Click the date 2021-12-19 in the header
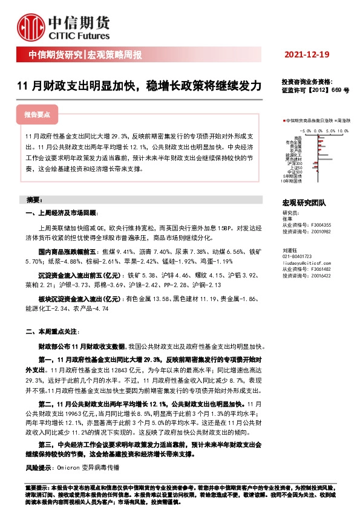tap(307, 55)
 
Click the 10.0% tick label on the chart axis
tap(343, 130)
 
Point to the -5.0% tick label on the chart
tap(305, 130)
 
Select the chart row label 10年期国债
tap(291, 180)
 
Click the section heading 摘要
tap(34, 199)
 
